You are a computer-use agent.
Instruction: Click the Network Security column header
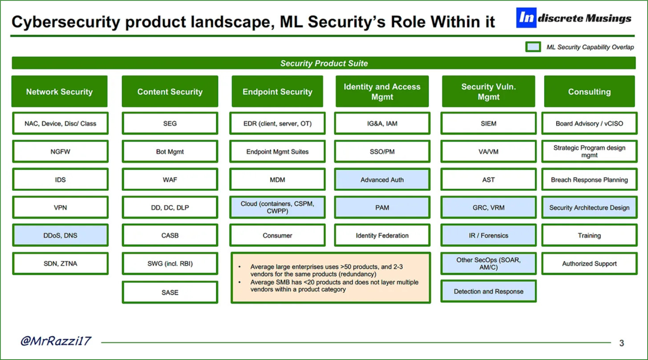(59, 91)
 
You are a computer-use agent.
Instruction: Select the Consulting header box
(589, 91)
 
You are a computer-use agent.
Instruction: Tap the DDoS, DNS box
(61, 235)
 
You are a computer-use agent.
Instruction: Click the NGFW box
(61, 151)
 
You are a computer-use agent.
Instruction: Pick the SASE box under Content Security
(170, 292)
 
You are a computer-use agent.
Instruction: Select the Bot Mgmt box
(170, 151)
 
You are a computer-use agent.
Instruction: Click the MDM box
(277, 179)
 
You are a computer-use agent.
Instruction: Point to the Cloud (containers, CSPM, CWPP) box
(277, 207)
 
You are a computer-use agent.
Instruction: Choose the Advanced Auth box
(382, 179)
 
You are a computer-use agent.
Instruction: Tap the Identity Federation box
(382, 235)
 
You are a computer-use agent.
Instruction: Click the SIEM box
(488, 123)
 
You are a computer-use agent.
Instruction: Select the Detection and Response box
(488, 291)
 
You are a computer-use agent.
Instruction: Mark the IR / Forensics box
(488, 235)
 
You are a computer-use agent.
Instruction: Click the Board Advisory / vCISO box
(589, 123)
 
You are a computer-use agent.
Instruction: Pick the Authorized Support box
(589, 263)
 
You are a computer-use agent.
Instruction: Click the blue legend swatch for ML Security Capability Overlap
(533, 47)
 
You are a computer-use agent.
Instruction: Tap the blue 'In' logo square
(526, 18)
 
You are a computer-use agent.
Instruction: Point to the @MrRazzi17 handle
(56, 341)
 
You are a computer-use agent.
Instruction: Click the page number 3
(621, 343)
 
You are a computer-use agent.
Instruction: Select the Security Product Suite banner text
(324, 63)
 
